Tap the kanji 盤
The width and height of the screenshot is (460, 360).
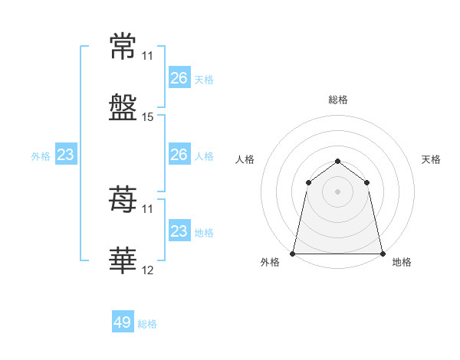coord(123,107)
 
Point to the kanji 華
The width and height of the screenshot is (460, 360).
coord(123,261)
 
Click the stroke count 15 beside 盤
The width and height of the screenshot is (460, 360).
coord(148,117)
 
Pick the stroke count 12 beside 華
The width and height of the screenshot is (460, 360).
coord(148,270)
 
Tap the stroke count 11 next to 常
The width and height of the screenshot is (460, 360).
coord(148,56)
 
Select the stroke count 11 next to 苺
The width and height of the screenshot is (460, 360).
coord(148,208)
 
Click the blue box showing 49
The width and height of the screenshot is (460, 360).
coord(123,322)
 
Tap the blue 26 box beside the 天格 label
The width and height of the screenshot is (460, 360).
coord(179,78)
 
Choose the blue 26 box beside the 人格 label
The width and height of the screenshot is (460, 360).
coord(179,155)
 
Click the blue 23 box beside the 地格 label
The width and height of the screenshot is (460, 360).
coord(179,231)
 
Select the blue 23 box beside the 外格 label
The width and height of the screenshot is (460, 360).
coord(66,155)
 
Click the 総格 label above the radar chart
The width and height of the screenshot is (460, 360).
coord(338,100)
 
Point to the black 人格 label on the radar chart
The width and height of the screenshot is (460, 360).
coord(245,159)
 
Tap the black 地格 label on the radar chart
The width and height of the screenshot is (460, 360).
coord(402,262)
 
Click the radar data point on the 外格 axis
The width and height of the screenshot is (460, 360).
coord(293,254)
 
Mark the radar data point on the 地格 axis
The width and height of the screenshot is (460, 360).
coord(383,254)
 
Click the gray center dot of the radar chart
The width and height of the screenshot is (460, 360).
coord(338,191)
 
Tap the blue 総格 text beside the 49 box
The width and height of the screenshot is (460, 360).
coord(147,324)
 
